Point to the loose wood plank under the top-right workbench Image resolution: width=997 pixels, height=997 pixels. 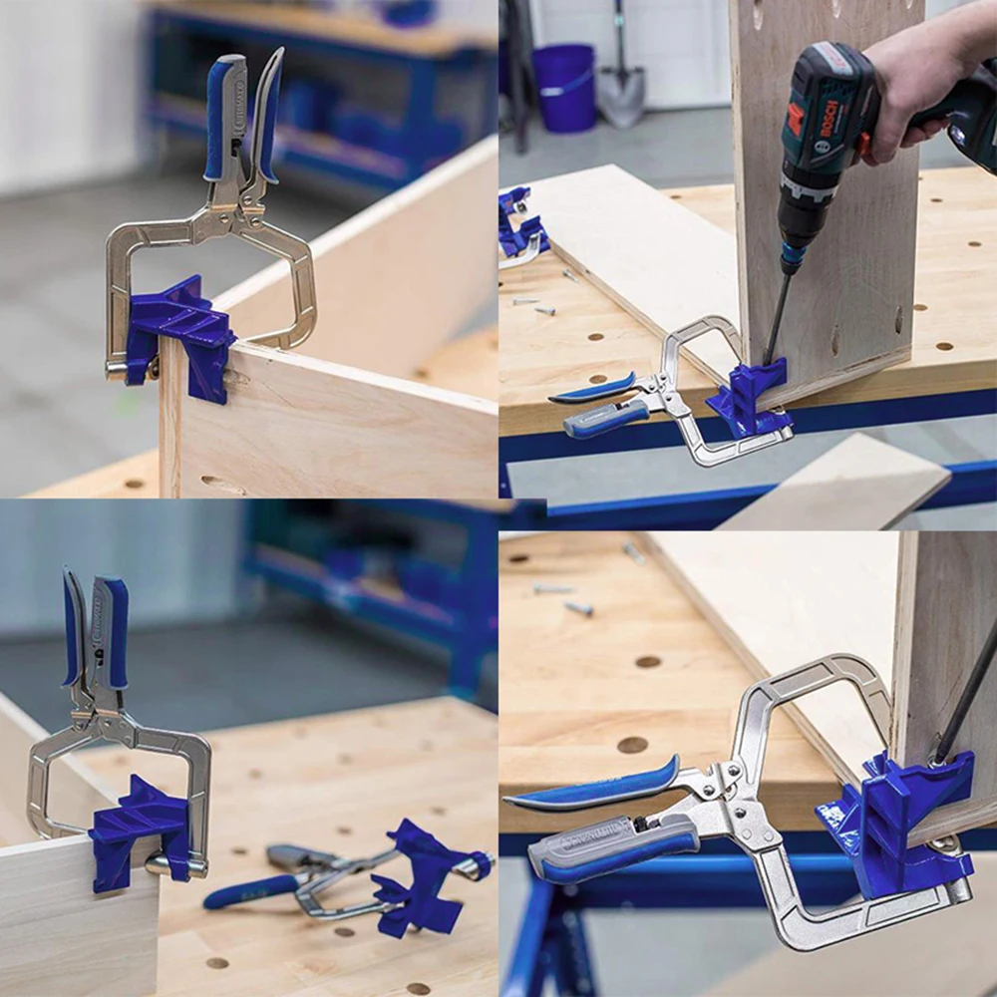tap(837, 489)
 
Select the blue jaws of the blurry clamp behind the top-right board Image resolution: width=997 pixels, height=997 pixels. tap(518, 229)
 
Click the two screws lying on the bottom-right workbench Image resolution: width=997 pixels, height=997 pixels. tap(563, 598)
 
